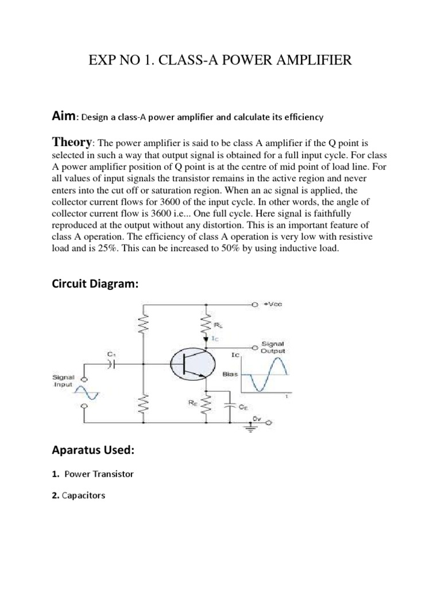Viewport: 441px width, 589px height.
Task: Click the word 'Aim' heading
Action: pyautogui.click(x=64, y=116)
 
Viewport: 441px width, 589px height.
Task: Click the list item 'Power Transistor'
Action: pyautogui.click(x=99, y=474)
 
